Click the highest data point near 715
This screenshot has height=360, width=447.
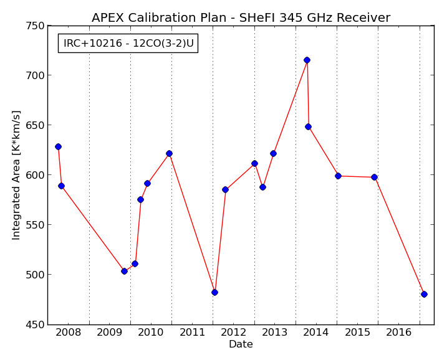pyautogui.click(x=307, y=60)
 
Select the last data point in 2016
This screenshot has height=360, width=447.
pyautogui.click(x=424, y=294)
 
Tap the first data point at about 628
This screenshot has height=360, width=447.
pyautogui.click(x=58, y=146)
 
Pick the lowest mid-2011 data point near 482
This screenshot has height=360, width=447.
pyautogui.click(x=214, y=293)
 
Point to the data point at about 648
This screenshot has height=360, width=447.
pyautogui.click(x=308, y=126)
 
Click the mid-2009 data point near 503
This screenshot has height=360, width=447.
pyautogui.click(x=124, y=271)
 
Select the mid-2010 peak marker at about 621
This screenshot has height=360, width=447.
pyautogui.click(x=169, y=153)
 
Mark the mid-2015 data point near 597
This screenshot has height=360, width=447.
pyautogui.click(x=374, y=177)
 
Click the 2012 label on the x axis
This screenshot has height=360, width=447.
pyautogui.click(x=234, y=332)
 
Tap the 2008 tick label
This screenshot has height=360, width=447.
pyautogui.click(x=69, y=332)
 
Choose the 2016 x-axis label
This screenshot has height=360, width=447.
pyautogui.click(x=399, y=332)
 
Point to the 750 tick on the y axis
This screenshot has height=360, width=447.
pyautogui.click(x=36, y=26)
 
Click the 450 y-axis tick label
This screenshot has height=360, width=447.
pyautogui.click(x=36, y=324)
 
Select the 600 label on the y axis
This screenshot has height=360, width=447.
pyautogui.click(x=36, y=175)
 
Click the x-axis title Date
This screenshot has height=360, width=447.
pyautogui.click(x=241, y=344)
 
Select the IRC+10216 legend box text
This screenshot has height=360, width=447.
pyautogui.click(x=128, y=44)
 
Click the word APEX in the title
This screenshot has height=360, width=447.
pyautogui.click(x=108, y=17)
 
